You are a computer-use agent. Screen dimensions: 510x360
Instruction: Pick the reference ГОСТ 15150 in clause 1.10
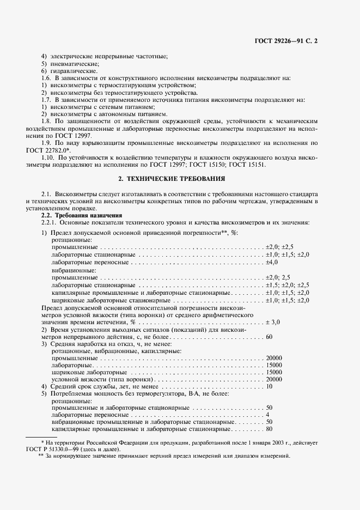tap(242, 164)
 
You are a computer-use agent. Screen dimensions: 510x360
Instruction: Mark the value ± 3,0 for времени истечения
tap(273, 323)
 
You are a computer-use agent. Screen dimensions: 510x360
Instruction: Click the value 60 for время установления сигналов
tap(269, 337)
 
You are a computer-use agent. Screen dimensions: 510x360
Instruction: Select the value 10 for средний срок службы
tap(269, 386)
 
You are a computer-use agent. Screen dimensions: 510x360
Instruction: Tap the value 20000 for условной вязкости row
tap(274, 379)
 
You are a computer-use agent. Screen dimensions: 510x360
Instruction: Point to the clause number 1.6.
tap(46, 78)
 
